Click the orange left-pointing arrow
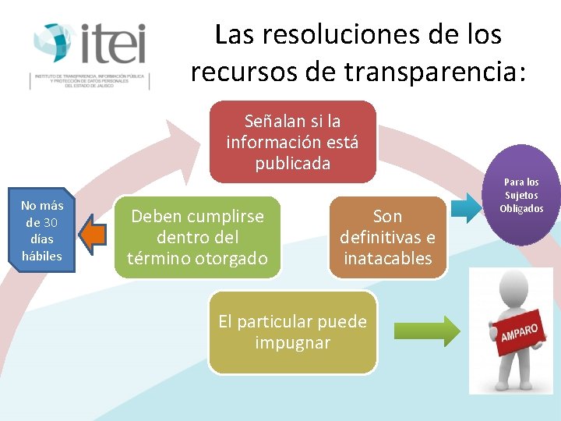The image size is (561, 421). tap(93, 236)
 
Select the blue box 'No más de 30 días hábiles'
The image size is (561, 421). tap(42, 231)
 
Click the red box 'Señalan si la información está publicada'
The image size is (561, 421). tap(292, 142)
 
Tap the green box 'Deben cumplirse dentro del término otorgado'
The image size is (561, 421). tap(197, 237)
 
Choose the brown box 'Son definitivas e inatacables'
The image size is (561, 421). tap(387, 237)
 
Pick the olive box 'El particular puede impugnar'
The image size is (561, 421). tap(292, 332)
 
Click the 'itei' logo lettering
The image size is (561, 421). tap(112, 44)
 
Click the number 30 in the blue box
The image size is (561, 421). tap(51, 222)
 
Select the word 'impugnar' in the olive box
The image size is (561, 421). tap(292, 342)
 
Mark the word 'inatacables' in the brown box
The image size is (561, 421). tap(387, 258)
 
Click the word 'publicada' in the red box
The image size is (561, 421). tap(292, 163)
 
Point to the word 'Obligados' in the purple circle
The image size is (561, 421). tap(522, 208)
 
